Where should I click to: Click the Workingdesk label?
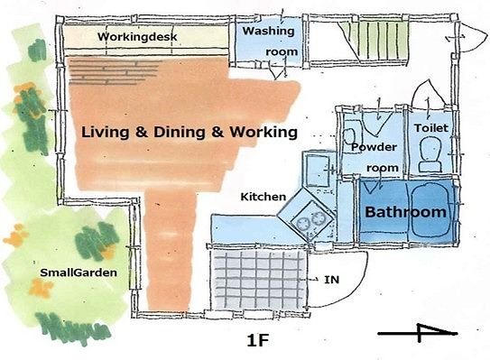coord(137,37)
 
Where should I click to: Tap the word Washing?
coord(268,31)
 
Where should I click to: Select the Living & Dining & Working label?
coord(190,132)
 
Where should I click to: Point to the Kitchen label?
coord(263,197)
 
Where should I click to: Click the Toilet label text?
coord(431,128)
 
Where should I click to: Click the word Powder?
coord(374,147)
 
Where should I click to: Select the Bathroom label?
coord(405,212)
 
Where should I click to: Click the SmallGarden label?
coord(79,272)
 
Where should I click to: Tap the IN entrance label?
coord(331,280)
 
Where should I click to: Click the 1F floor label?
coord(258,340)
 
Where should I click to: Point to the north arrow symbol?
coord(419,333)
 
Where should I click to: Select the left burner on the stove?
coord(302,224)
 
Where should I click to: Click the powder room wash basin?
coord(350,136)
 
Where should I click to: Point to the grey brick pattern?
coord(114,72)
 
